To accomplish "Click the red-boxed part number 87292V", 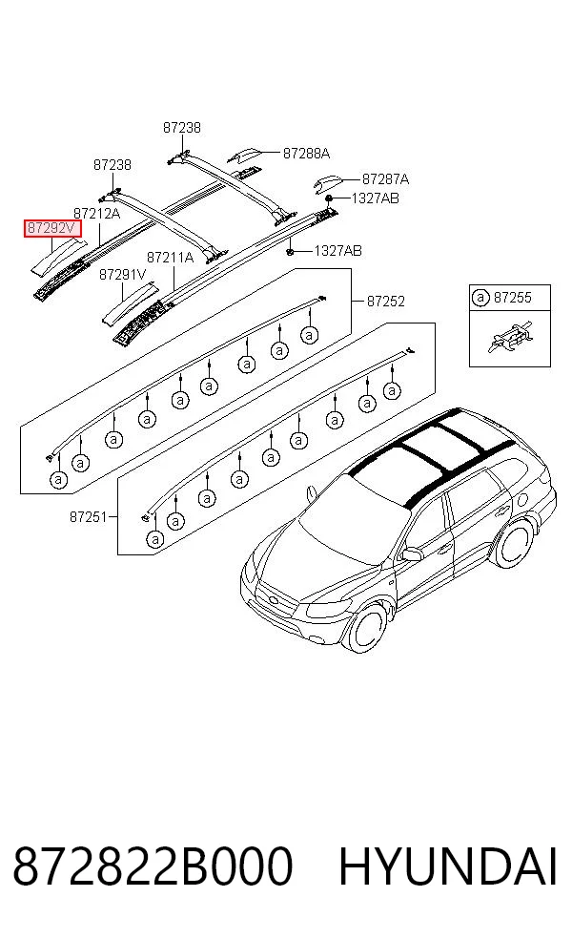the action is [52, 228].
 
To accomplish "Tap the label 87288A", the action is [306, 154].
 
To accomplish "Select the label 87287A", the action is [385, 178].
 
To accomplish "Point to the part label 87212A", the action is [97, 213].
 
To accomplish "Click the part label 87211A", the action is [171, 258].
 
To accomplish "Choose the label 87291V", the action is [123, 275].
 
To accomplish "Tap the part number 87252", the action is [386, 302].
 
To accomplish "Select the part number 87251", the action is [89, 516].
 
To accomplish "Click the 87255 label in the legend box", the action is [513, 298].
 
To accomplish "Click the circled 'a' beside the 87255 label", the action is [480, 298].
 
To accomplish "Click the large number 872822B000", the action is [153, 866].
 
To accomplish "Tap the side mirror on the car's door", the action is [411, 553].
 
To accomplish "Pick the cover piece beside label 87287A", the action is [327, 184].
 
